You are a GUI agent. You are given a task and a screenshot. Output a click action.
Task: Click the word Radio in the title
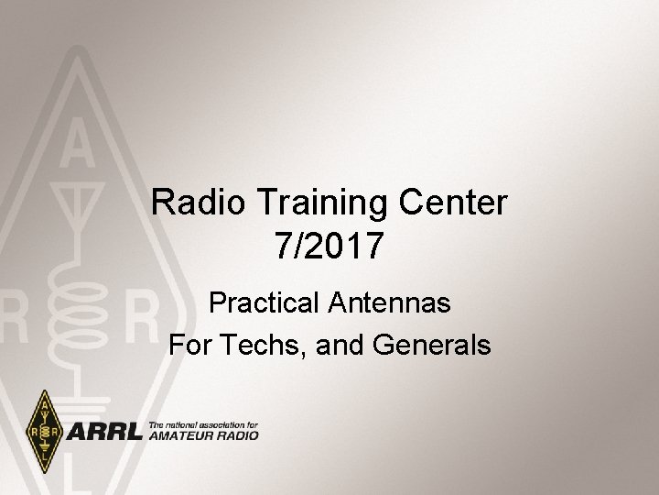pyautogui.click(x=194, y=203)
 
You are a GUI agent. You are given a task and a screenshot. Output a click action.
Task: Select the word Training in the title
pyautogui.click(x=316, y=203)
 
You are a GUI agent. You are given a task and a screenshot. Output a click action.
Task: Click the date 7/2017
pyautogui.click(x=329, y=245)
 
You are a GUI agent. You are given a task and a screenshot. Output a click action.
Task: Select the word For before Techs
pyautogui.click(x=189, y=346)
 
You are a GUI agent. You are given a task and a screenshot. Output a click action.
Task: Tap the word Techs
pyautogui.click(x=255, y=346)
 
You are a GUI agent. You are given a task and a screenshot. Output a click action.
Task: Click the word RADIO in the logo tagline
pyautogui.click(x=237, y=435)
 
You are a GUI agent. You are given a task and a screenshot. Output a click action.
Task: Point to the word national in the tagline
pyautogui.click(x=182, y=424)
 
